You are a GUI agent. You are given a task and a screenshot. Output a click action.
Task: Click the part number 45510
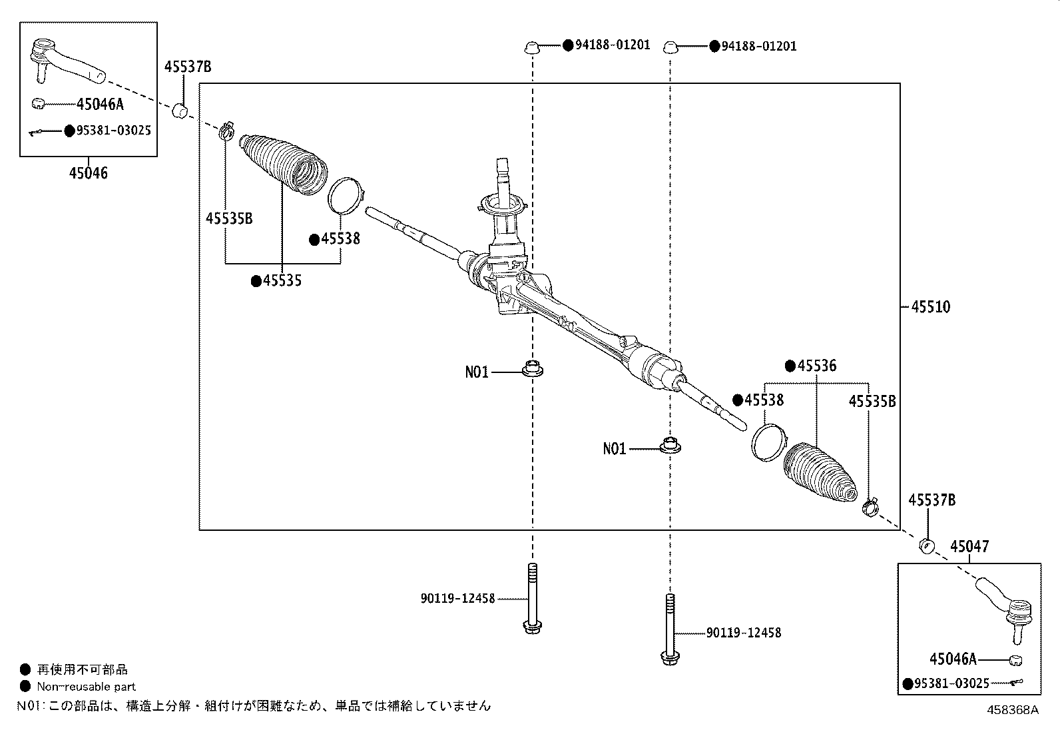(930, 307)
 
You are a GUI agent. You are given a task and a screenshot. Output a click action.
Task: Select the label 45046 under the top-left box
(89, 173)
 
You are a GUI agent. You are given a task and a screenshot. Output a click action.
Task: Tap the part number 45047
(969, 546)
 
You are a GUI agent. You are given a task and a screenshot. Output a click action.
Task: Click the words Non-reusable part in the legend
(86, 687)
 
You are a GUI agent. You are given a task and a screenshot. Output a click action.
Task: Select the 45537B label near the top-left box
(188, 67)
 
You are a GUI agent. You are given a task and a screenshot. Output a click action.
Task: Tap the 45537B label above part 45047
(931, 500)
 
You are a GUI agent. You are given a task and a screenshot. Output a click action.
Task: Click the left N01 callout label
(477, 372)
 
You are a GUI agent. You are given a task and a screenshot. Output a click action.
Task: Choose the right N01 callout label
(615, 448)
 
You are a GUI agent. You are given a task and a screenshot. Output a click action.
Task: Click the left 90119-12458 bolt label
(457, 599)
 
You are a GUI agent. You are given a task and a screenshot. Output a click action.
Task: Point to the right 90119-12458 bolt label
(744, 633)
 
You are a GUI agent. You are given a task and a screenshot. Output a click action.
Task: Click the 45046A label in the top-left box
(100, 104)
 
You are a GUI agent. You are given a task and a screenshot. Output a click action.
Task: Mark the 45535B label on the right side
(872, 402)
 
